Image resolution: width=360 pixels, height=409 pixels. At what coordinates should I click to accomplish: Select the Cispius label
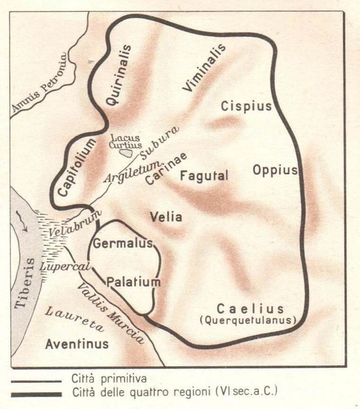coord(246,105)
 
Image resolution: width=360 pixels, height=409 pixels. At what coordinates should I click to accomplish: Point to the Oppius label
coord(275,170)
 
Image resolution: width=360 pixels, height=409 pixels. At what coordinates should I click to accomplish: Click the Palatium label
coord(133,281)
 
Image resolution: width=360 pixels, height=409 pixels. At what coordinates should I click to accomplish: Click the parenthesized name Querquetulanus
coord(247,320)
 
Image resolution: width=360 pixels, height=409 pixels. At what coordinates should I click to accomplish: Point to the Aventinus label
coord(77,344)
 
